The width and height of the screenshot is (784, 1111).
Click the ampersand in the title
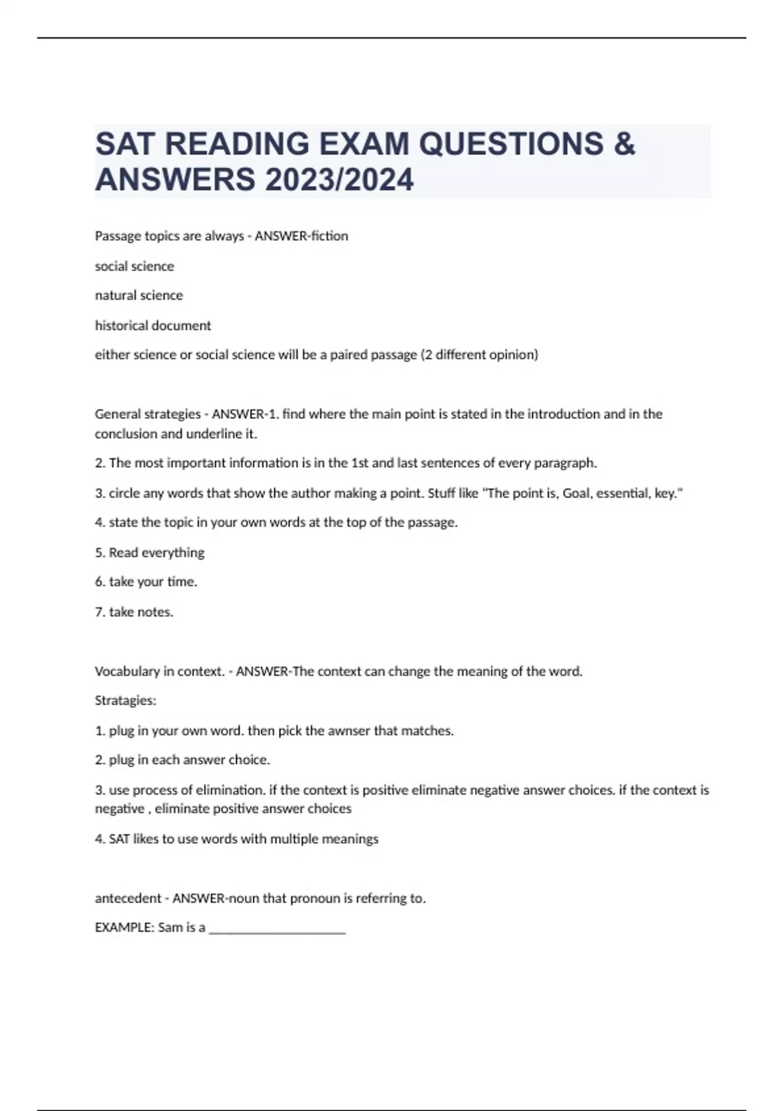click(x=625, y=144)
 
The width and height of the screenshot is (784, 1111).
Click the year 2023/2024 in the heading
click(x=338, y=180)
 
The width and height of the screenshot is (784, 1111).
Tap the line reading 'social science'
click(x=135, y=266)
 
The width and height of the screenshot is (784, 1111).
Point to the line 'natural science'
click(x=139, y=295)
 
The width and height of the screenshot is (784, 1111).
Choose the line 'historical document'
click(x=153, y=325)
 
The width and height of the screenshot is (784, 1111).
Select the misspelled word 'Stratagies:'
click(x=125, y=701)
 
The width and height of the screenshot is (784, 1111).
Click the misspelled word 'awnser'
click(x=348, y=731)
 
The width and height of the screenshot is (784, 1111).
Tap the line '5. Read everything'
click(x=150, y=552)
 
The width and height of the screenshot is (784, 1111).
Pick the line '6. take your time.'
click(x=146, y=582)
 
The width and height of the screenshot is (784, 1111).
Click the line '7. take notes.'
click(x=134, y=612)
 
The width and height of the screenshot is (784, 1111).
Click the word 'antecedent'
click(x=128, y=898)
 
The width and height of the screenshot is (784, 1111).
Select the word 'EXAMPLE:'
click(x=124, y=927)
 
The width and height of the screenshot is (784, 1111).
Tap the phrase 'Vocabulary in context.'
click(x=159, y=671)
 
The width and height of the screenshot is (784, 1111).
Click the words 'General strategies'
click(x=148, y=414)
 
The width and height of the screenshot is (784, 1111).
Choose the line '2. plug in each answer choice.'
click(x=182, y=760)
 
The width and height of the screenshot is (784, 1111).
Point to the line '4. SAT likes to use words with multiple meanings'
click(x=237, y=838)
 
